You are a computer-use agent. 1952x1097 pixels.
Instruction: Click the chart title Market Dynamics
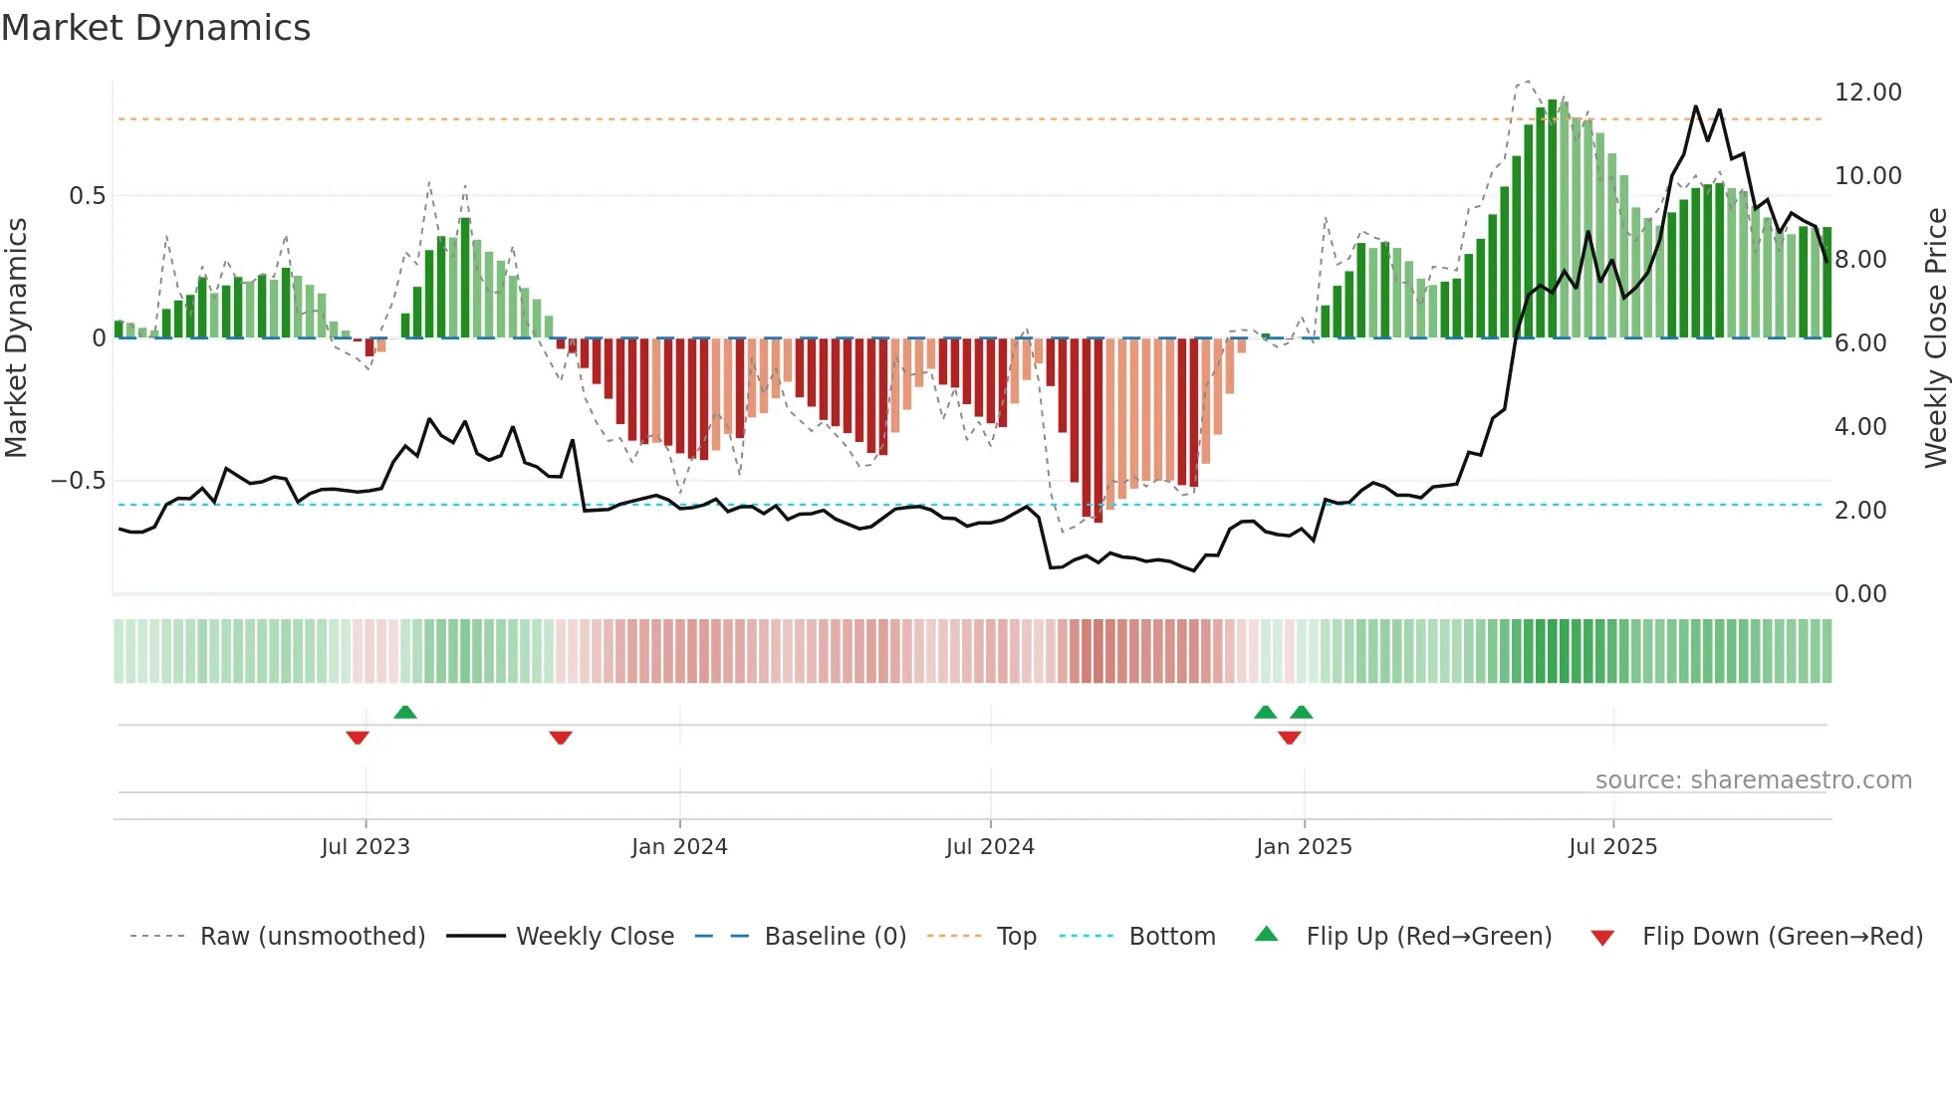(x=155, y=28)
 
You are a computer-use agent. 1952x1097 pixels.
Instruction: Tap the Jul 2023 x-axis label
(x=366, y=847)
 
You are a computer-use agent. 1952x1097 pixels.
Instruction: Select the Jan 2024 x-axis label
(x=679, y=847)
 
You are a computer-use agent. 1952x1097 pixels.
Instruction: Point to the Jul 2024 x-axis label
(x=990, y=847)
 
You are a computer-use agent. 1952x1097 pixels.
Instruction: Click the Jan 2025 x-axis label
(x=1304, y=847)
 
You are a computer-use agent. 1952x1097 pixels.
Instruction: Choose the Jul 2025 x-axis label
(x=1612, y=847)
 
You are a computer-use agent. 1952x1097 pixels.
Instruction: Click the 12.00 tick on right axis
(x=1867, y=93)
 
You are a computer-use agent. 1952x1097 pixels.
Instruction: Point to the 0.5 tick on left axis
(x=87, y=196)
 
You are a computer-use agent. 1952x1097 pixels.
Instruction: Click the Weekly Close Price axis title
(x=1935, y=338)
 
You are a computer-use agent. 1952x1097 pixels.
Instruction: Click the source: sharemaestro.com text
(x=1753, y=780)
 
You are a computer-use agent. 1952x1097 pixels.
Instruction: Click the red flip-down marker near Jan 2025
(x=1290, y=738)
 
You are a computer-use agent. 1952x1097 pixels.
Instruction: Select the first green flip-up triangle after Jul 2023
(x=405, y=712)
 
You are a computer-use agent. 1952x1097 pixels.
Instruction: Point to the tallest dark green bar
(x=1552, y=219)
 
